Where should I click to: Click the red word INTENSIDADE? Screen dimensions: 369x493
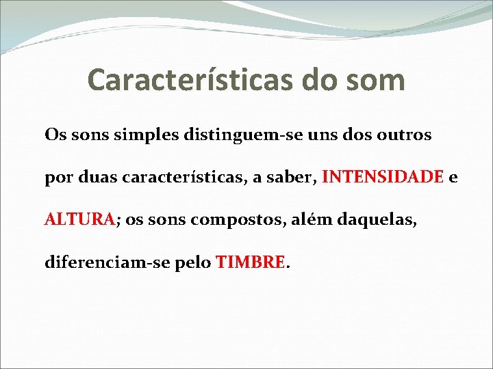click(x=383, y=178)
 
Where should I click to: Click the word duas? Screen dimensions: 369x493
click(x=95, y=178)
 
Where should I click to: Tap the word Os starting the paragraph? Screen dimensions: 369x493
click(x=54, y=135)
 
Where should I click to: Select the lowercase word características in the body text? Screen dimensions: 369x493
click(x=182, y=178)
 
